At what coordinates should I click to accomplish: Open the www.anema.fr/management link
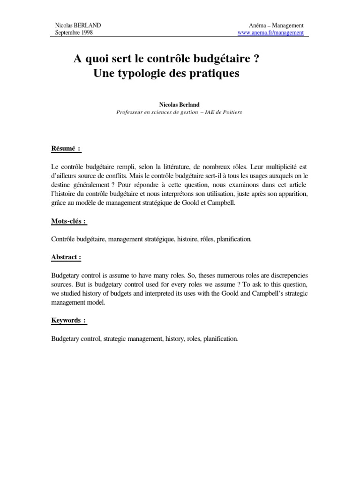(x=271, y=33)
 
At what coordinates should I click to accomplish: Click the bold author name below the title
(x=180, y=106)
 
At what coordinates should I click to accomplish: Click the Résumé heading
(x=66, y=149)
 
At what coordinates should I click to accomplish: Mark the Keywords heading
(x=68, y=320)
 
